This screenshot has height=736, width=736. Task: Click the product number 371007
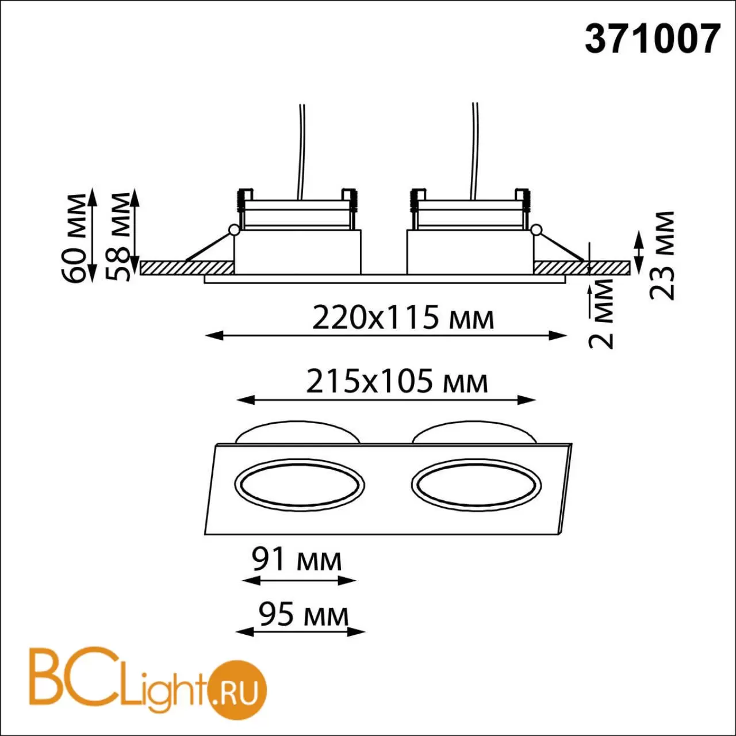(653, 39)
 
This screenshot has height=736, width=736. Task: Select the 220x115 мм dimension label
(403, 318)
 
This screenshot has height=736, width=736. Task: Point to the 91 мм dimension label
(297, 560)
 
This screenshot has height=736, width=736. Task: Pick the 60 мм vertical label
(74, 239)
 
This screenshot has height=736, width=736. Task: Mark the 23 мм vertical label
(662, 255)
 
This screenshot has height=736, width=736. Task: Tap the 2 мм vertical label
(601, 313)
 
